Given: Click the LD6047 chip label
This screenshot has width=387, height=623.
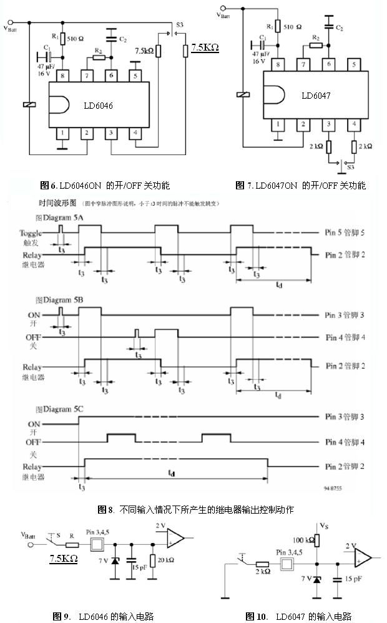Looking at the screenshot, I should (x=316, y=96).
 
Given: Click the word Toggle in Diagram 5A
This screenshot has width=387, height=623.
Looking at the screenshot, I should (x=31, y=232).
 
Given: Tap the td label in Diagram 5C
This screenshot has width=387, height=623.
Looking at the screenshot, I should (x=171, y=473).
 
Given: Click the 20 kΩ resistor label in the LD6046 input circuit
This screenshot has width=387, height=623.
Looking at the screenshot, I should (x=165, y=560).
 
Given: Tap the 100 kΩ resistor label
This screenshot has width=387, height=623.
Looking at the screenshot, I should (x=302, y=539).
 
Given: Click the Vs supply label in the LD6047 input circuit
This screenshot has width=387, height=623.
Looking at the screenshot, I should (x=323, y=526).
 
